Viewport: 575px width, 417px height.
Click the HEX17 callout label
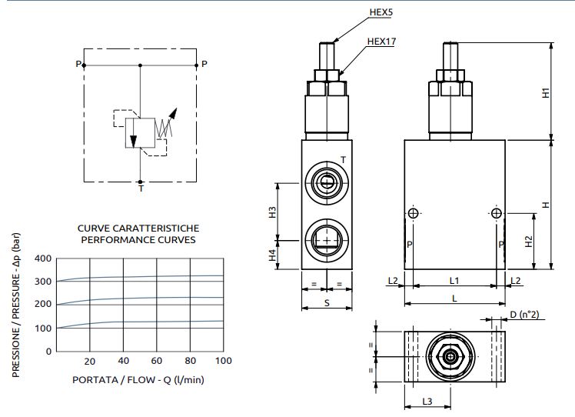click(381, 42)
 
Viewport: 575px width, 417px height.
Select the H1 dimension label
click(546, 92)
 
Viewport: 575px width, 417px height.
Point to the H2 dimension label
click(528, 241)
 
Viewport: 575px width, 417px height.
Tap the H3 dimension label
click(272, 212)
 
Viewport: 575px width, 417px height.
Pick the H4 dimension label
click(272, 255)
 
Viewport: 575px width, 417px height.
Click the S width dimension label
click(327, 303)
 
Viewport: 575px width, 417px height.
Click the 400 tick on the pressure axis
click(44, 258)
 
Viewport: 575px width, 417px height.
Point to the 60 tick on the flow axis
click(156, 362)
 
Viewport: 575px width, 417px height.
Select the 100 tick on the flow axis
click(222, 362)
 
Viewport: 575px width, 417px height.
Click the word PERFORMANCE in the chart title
click(113, 239)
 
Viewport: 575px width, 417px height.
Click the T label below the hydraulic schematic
click(140, 188)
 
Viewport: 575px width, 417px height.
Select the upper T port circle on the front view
click(327, 182)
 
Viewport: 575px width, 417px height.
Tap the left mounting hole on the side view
click(413, 213)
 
